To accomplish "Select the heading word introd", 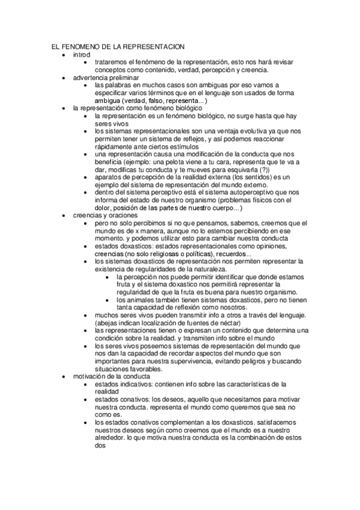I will click(82, 54).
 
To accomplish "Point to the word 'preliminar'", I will click(124, 78).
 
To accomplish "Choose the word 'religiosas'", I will click(156, 254).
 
